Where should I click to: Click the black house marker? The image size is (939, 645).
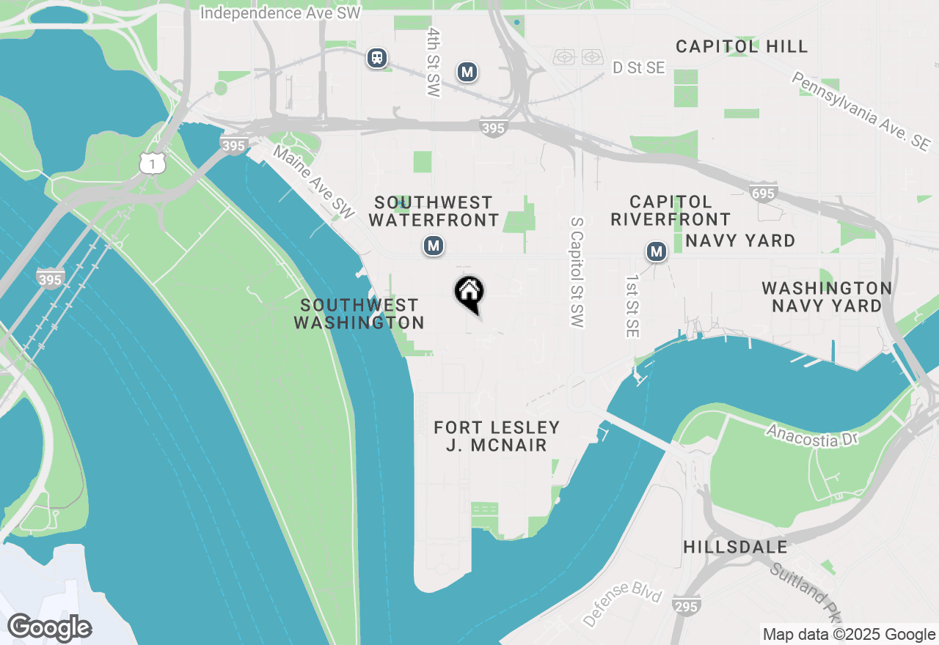(469, 294)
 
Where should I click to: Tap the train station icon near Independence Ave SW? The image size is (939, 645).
(378, 58)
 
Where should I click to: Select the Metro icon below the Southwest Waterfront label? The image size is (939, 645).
(434, 246)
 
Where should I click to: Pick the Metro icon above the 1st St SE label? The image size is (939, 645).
(657, 253)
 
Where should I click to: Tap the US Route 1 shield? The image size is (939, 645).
(152, 165)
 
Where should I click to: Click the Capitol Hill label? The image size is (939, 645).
(742, 47)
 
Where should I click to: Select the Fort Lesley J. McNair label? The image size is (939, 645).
(497, 436)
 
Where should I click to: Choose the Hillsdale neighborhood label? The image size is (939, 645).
(735, 548)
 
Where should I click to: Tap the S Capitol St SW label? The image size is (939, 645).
(576, 271)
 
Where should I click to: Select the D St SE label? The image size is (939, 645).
(638, 68)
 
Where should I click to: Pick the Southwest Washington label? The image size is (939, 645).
(359, 314)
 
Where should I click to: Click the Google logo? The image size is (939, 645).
(49, 628)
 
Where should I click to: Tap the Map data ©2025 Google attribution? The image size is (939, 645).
(849, 635)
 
